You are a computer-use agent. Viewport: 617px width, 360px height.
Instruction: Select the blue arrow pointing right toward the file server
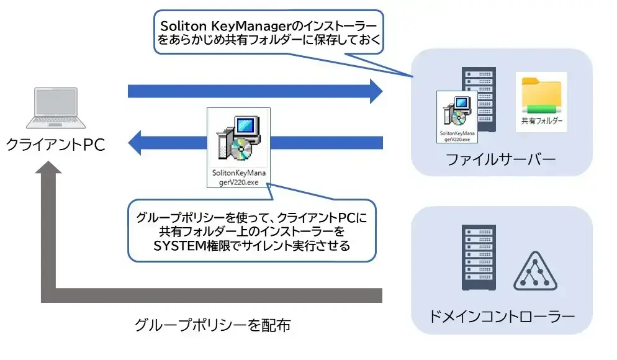254,92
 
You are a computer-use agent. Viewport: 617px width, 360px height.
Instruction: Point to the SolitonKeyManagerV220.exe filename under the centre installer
238,179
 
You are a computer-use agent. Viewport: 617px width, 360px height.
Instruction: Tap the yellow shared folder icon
541,93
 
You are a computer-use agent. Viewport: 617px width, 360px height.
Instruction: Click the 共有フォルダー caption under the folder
541,122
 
